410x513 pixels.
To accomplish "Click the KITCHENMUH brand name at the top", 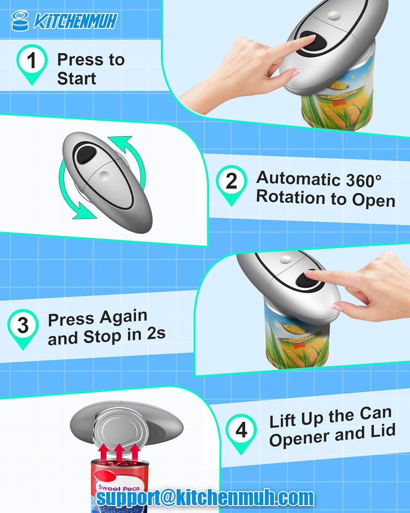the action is [x=75, y=21].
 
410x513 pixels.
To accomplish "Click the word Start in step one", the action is [x=77, y=78].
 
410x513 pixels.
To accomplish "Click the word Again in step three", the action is [x=123, y=317].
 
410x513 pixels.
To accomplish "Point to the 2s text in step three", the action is [x=156, y=333].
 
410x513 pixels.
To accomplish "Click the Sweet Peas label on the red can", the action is [x=119, y=487].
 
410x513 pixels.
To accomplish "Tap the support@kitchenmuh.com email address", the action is [x=205, y=497].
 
